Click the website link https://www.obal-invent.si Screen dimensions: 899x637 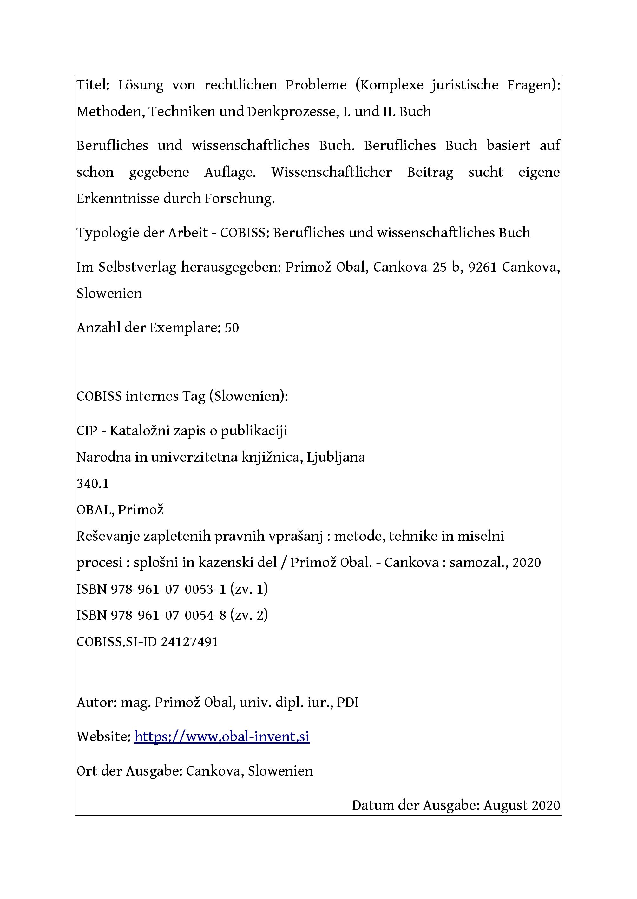pyautogui.click(x=222, y=737)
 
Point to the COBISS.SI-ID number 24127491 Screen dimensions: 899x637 pyautogui.click(x=189, y=642)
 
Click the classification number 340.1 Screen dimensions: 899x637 pyautogui.click(x=93, y=483)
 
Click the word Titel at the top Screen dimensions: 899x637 pyautogui.click(x=93, y=85)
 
